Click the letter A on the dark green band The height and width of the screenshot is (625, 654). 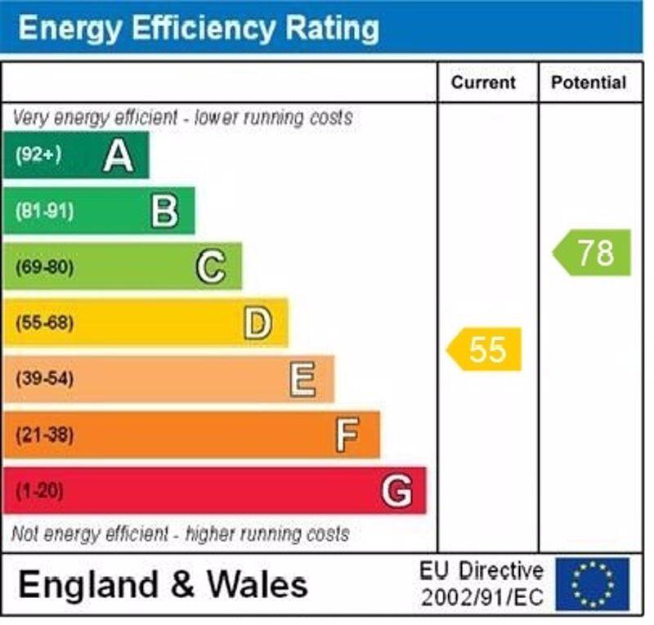pos(119,156)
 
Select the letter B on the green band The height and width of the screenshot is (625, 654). pos(164,212)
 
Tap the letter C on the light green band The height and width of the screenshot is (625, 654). pos(211,267)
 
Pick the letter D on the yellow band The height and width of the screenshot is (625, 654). pos(258,324)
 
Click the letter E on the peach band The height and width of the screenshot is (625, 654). pos(302,379)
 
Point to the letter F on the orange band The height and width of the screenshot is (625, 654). pos(347,435)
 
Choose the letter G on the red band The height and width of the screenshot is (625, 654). pos(396,491)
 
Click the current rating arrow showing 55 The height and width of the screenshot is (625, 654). pos(484,350)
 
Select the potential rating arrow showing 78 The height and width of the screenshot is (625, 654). pos(593,252)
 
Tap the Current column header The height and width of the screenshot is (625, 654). pos(483,83)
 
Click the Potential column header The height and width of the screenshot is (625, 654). pos(589,83)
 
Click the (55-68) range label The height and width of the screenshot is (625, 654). pos(44,324)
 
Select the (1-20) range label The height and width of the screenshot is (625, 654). pos(39,491)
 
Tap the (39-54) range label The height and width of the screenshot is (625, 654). pos(44,379)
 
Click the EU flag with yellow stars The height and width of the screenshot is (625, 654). pos(593,584)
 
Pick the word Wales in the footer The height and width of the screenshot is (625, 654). pos(257,585)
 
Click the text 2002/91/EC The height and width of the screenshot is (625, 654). pos(482,597)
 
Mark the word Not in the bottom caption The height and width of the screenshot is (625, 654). pos(25,534)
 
